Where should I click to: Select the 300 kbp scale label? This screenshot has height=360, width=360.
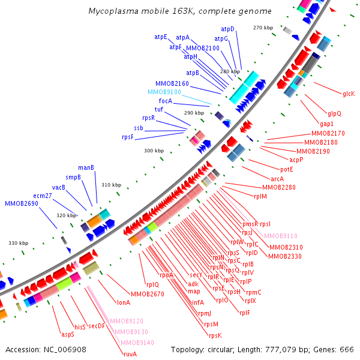coord(154,151)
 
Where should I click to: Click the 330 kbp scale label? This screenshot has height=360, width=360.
coord(18,243)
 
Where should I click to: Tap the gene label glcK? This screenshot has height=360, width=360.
coord(349,94)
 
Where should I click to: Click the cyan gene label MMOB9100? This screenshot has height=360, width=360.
coord(164,92)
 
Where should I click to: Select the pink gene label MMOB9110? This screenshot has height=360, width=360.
coord(280,236)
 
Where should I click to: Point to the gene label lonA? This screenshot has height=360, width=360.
coord(124,302)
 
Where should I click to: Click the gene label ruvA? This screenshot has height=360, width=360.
coord(130,354)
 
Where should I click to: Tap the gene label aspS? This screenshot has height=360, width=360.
coord(67,334)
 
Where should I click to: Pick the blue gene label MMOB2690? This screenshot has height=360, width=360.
coord(22,204)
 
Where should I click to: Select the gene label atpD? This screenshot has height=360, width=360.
coord(228,29)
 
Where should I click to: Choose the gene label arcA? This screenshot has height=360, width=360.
coord(277,179)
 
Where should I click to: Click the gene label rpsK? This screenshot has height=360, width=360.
coord(215,335)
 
